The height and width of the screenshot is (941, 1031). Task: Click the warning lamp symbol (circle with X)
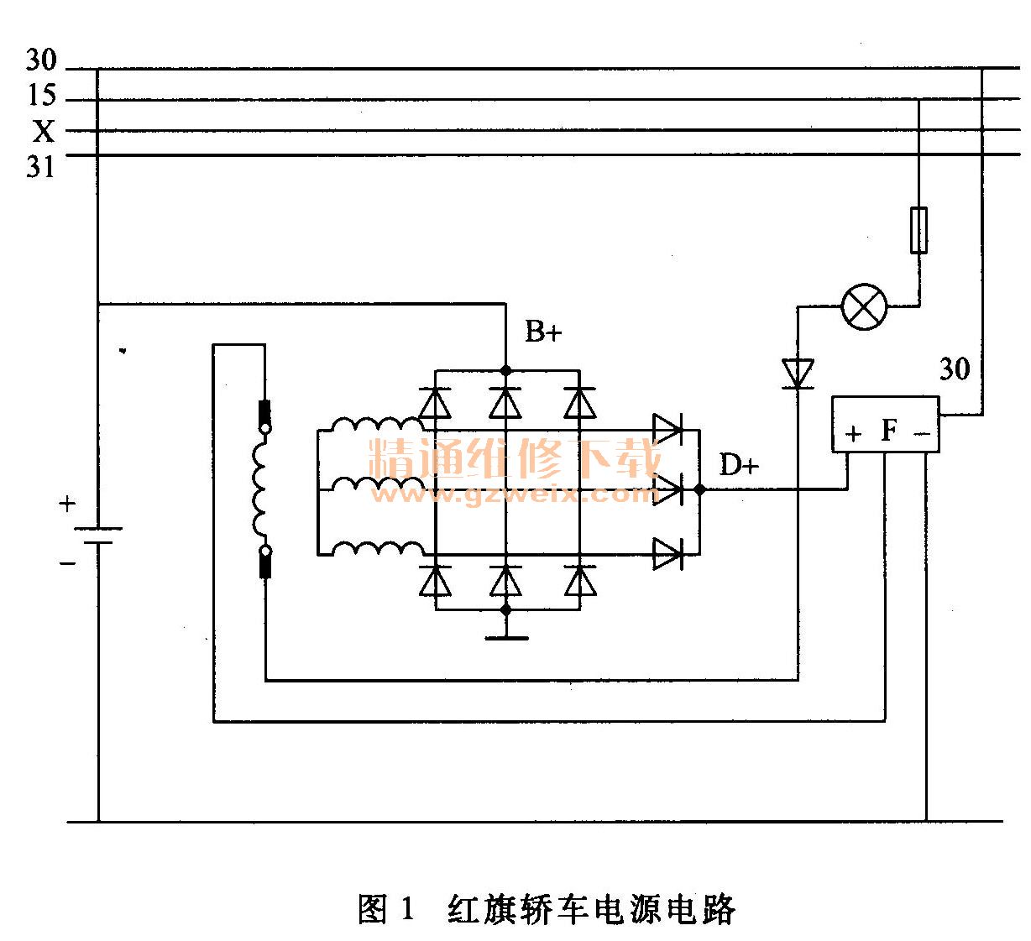coord(864,306)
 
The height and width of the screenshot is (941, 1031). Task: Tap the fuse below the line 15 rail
coord(919,229)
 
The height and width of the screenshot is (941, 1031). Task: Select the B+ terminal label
coord(543,332)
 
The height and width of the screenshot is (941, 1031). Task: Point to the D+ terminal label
coord(739,464)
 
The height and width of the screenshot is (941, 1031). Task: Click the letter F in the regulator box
coord(889,431)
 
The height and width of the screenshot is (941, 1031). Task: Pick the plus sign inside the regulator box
coord(853,434)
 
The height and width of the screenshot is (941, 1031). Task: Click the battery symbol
coord(98,535)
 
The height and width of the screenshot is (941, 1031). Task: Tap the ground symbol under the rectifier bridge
coord(505,635)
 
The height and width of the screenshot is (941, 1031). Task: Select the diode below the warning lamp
coord(798,373)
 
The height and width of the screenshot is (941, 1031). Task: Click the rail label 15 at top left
coord(40,97)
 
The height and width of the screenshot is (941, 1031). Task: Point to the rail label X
coord(43,132)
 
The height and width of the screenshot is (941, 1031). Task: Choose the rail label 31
coord(40,167)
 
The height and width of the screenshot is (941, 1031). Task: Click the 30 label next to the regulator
coord(954,369)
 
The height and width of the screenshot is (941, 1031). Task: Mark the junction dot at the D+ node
coord(699,488)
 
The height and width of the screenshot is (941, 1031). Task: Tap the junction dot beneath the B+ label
coord(505,370)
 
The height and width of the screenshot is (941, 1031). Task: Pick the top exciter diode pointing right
coord(668,430)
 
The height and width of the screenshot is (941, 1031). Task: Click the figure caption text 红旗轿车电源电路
coord(592,909)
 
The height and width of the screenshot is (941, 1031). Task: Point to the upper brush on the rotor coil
coord(264,412)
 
